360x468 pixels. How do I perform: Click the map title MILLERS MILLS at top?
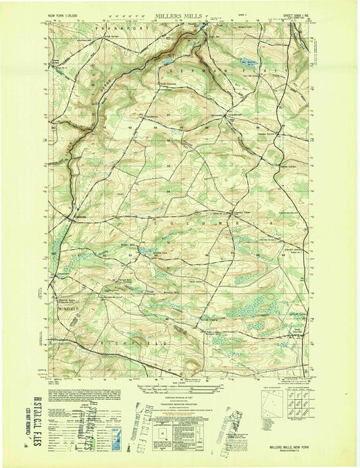pyautogui.click(x=179, y=14)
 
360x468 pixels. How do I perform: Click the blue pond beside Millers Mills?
pyautogui.click(x=144, y=251)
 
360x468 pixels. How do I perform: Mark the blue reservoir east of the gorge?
pyautogui.click(x=249, y=66)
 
